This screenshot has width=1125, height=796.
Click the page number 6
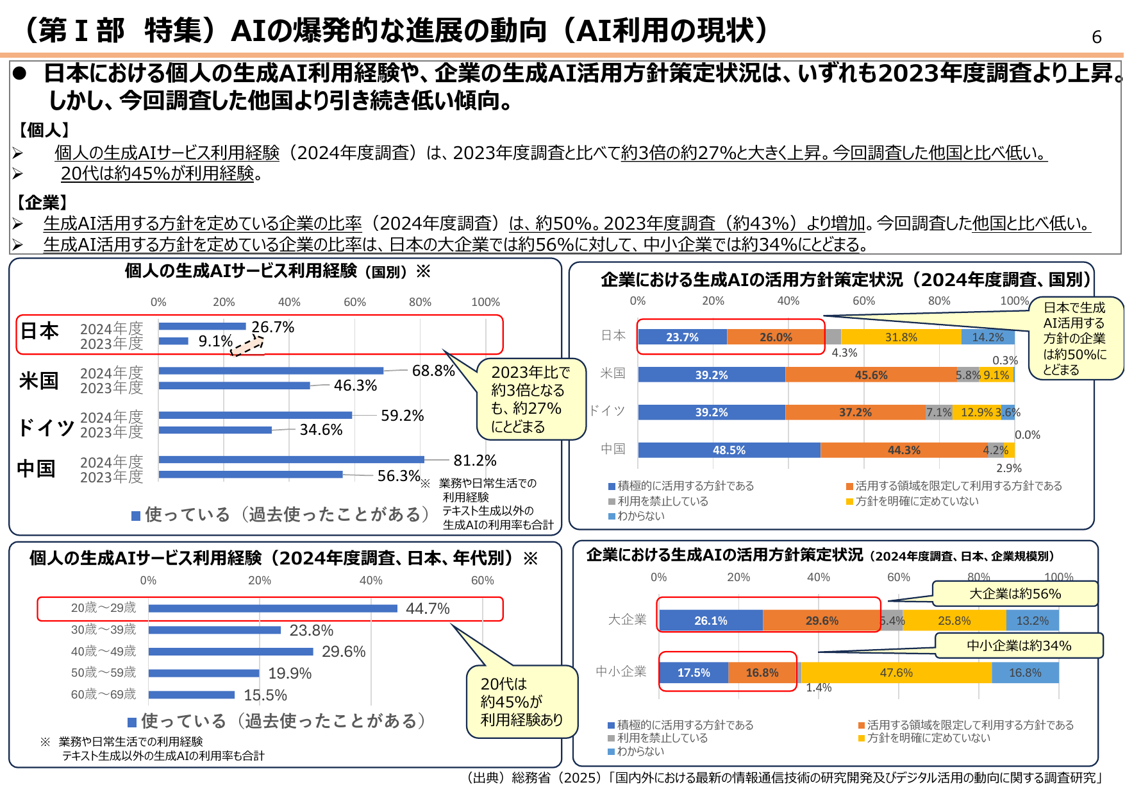coord(1096,37)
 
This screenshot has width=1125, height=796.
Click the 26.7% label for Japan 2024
coord(272,327)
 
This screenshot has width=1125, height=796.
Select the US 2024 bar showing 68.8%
coord(271,371)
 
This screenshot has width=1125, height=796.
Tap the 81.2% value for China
coord(474,461)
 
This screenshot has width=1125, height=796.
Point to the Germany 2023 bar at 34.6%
coord(215,430)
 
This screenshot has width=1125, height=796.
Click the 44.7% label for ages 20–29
coord(428,609)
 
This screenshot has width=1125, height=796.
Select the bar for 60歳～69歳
coord(192,695)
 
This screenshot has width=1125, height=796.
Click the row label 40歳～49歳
coord(103,652)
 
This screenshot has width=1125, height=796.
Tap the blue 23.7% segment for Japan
coord(682,337)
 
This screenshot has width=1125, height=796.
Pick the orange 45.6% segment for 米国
coord(871,375)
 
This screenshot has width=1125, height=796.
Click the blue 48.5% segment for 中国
coord(729,450)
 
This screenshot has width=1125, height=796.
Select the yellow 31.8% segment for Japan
coord(901,337)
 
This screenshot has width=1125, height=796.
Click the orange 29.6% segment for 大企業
coord(821,621)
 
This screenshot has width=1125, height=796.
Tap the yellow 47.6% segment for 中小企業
coord(896,673)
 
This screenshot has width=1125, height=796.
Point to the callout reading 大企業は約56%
coord(1015,594)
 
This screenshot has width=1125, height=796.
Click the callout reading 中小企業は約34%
coord(1019,646)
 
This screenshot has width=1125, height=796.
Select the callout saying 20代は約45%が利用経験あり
coord(521,702)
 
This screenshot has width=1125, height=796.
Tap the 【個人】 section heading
coord(44,130)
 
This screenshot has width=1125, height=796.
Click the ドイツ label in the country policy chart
coord(606,411)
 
